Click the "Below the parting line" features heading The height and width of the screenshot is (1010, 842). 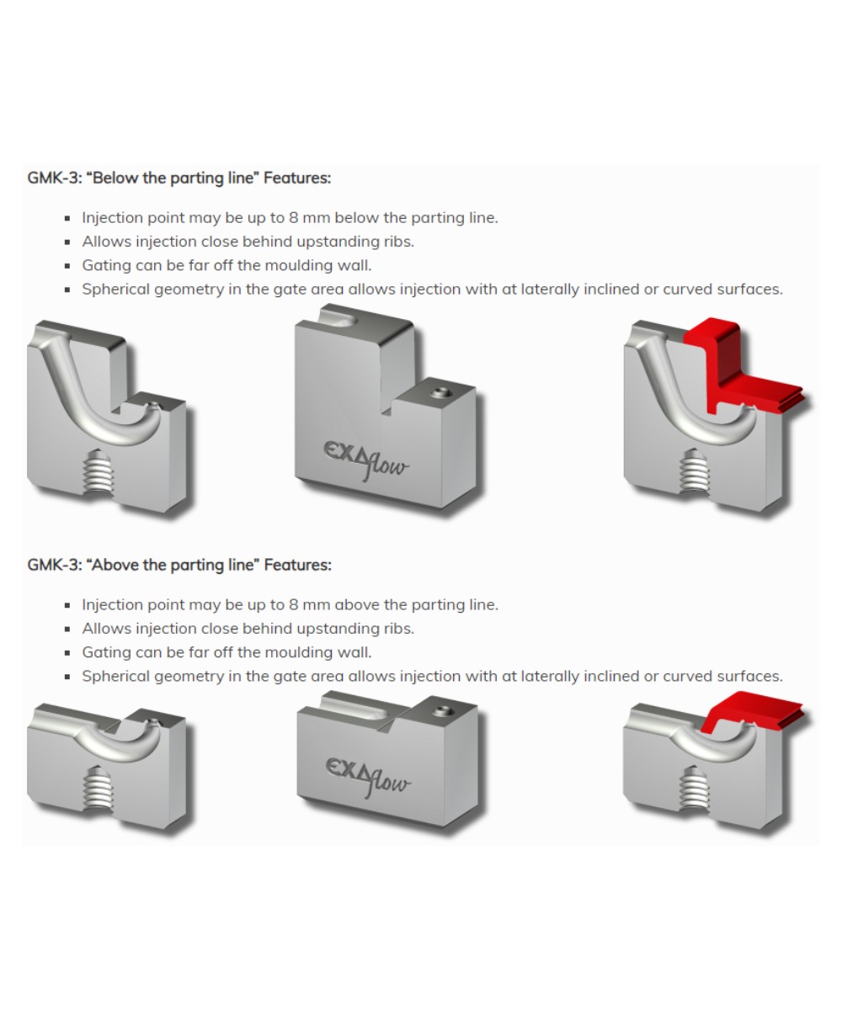[x=179, y=178]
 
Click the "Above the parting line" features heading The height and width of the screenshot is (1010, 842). [x=179, y=565]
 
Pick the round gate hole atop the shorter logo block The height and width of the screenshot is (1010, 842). [x=440, y=712]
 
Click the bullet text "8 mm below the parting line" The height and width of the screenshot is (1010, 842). [x=290, y=217]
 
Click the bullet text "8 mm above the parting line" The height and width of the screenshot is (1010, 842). [x=290, y=604]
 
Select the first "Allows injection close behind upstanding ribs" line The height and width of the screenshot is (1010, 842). [x=248, y=242]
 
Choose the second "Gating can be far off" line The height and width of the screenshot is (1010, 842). [x=226, y=652]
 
